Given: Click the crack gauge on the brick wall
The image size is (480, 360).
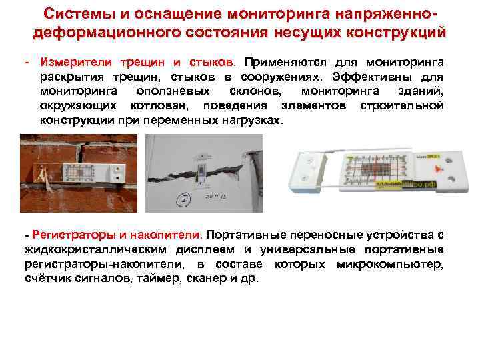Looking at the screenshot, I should pyautogui.click(x=87, y=172).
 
